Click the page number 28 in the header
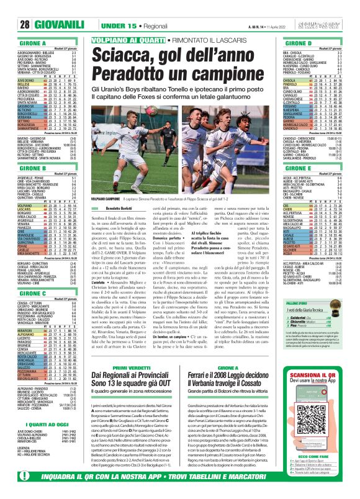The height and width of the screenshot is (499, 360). click(x=11, y=8)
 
